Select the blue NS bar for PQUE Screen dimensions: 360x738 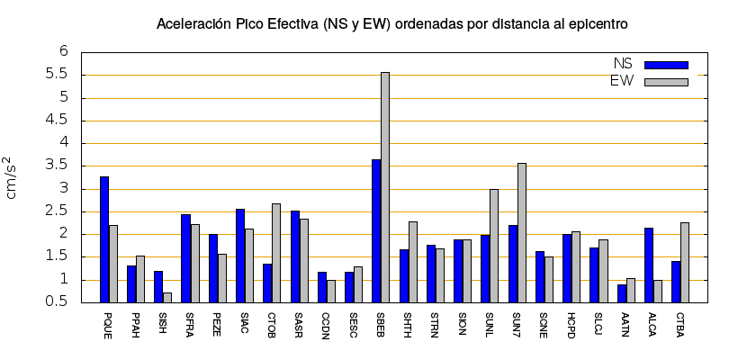tap(104, 239)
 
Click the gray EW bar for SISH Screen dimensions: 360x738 tap(167, 297)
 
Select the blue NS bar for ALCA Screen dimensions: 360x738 tap(649, 265)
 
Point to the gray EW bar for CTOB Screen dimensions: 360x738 tap(276, 253)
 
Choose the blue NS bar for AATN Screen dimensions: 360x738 tap(622, 293)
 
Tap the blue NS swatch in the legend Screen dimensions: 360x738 tap(666, 65)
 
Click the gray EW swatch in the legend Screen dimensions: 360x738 tap(666, 82)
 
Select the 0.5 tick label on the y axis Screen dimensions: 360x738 tap(58, 302)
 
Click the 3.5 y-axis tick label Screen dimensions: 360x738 tap(58, 166)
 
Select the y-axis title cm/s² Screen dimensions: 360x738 tap(15, 176)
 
